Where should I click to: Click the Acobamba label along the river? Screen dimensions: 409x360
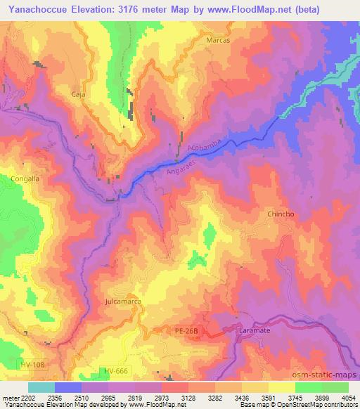click(x=205, y=146)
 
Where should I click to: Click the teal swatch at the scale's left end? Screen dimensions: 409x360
click(x=41, y=387)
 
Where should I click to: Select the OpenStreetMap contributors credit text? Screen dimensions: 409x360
click(x=317, y=405)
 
